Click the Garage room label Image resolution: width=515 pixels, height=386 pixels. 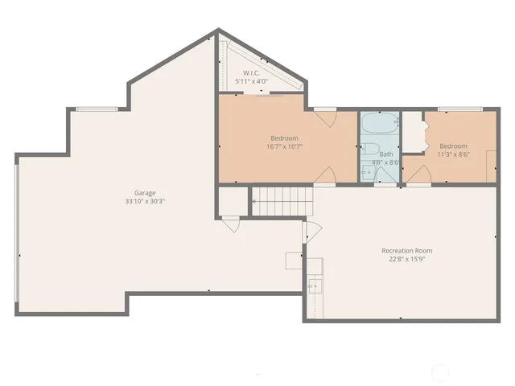click(x=145, y=193)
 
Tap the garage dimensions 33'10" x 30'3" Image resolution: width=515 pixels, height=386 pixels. click(x=145, y=202)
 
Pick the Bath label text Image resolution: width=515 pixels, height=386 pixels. click(x=386, y=154)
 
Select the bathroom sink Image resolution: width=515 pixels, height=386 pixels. click(x=369, y=171)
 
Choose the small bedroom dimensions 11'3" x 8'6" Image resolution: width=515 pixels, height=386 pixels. click(x=452, y=154)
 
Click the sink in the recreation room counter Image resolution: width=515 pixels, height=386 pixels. click(x=313, y=285)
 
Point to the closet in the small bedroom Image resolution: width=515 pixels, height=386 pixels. click(x=413, y=133)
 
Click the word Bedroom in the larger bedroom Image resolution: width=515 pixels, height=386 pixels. click(x=284, y=138)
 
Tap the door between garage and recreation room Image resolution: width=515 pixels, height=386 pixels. click(x=306, y=235)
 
